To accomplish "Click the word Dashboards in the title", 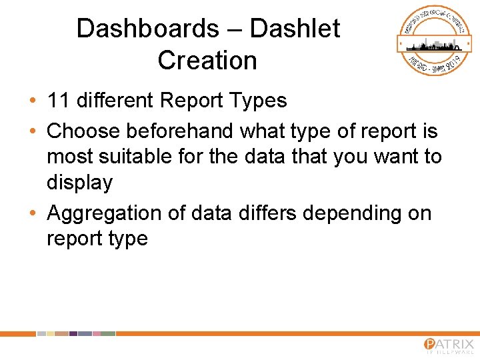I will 147,29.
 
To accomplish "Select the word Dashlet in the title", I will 295,29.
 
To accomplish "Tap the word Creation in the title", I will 207,61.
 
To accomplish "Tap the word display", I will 79,183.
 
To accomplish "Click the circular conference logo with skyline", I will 430,41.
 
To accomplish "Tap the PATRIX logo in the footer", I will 448,345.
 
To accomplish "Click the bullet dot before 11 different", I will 32,101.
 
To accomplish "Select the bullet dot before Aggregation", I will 32,214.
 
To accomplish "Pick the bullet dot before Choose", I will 32,131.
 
